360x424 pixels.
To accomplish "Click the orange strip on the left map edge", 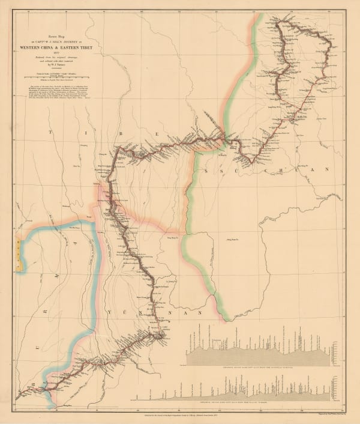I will (18, 247).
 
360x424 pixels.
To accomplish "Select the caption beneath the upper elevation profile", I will (258, 367).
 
